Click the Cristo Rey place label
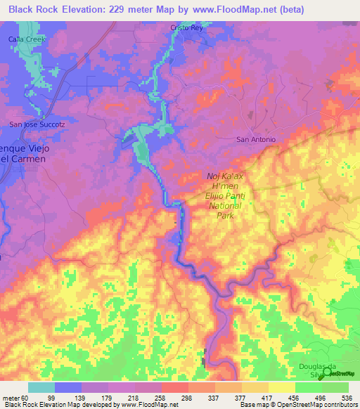[x=186, y=28]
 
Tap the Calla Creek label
[x=26, y=40]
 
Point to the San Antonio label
[x=256, y=139]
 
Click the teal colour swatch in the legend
[x=41, y=387]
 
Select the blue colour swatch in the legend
[x=68, y=387]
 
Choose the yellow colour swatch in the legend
[x=282, y=387]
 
